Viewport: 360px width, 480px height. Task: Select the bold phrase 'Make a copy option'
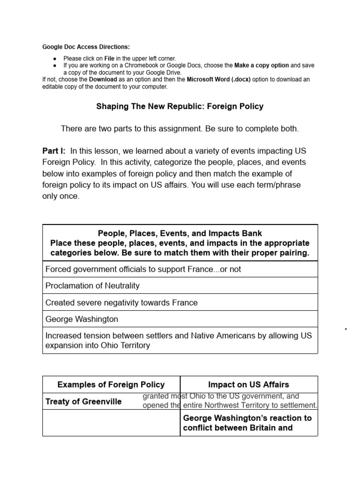coord(262,65)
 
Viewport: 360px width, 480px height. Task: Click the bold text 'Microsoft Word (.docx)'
coord(219,80)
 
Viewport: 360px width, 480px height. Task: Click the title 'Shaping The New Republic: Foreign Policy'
coord(180,106)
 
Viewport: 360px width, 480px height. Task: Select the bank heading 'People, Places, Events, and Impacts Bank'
coord(180,233)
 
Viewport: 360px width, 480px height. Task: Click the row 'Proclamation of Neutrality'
coord(92,285)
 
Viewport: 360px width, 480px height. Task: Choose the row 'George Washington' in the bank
coord(82,319)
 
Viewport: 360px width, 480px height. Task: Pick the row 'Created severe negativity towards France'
coord(121,302)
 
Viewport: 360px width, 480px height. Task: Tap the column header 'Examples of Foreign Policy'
coord(111,385)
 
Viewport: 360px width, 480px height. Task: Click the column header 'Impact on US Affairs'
coord(248,385)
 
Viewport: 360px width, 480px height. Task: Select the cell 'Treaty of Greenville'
coord(83,402)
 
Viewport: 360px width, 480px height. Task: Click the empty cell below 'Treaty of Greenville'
coord(111,423)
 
